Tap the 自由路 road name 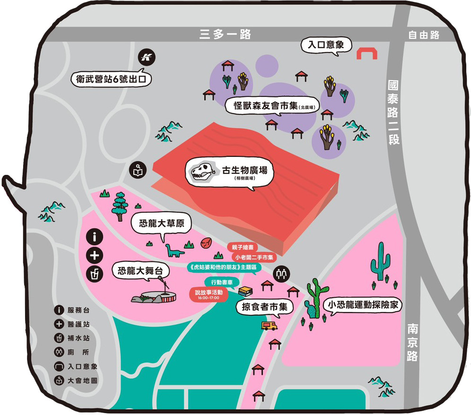click(424, 35)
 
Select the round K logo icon click(147, 58)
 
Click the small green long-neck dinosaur click(173, 251)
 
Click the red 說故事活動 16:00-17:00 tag click(209, 294)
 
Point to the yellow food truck click(269, 325)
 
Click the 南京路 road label click(412, 342)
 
